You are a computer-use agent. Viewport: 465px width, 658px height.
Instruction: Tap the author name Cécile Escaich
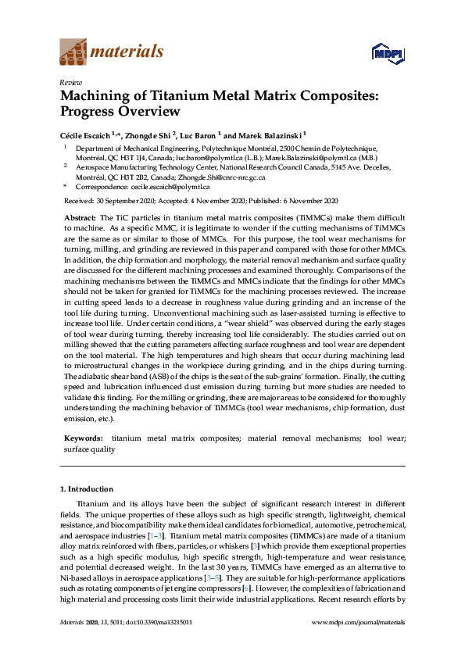[85, 133]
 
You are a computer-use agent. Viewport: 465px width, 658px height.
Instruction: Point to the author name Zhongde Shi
[150, 133]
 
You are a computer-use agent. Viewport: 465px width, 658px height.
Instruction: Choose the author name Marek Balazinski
[270, 133]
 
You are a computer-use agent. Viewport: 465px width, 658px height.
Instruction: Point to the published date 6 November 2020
[307, 201]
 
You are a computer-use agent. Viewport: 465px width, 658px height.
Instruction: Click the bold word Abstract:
[79, 216]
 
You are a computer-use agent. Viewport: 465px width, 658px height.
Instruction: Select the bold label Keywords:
[83, 440]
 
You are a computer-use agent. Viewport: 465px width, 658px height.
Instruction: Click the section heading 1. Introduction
[90, 489]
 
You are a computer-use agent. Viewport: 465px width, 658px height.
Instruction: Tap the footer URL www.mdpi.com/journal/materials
[358, 622]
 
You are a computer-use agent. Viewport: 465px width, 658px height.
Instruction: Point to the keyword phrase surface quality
[90, 450]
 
